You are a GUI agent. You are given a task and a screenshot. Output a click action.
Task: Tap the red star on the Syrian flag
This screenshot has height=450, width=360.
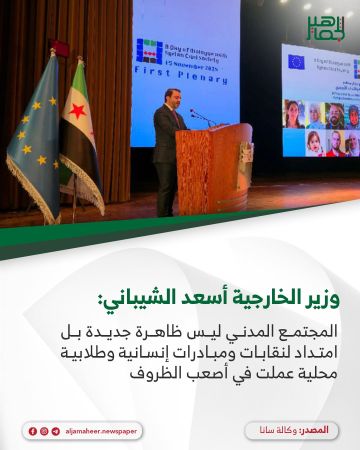(77, 111)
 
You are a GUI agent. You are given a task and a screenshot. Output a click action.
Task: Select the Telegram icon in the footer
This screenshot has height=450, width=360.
(56, 430)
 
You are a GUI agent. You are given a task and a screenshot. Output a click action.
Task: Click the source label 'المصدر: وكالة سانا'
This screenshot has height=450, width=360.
(290, 430)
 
